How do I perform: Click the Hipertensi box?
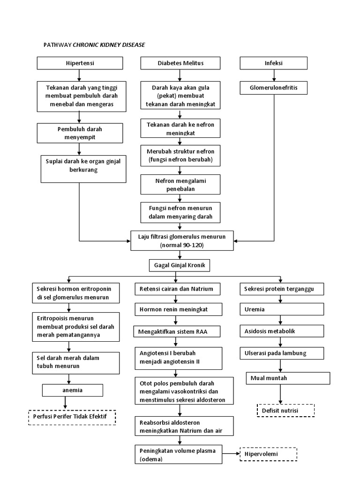coord(80,63)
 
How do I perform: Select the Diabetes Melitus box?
coord(180,63)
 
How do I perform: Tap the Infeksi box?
coord(273,63)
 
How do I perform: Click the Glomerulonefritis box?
coord(273,87)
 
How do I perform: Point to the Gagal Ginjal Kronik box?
coord(180,265)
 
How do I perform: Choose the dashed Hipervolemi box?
coord(269,454)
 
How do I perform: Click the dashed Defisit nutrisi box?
coord(285,411)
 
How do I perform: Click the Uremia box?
coord(281,309)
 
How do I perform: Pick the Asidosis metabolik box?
coord(281,331)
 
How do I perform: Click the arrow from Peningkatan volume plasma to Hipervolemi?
coord(230,454)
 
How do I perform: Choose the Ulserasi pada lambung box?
coord(281,352)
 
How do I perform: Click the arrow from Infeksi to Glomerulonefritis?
coord(273,75)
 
